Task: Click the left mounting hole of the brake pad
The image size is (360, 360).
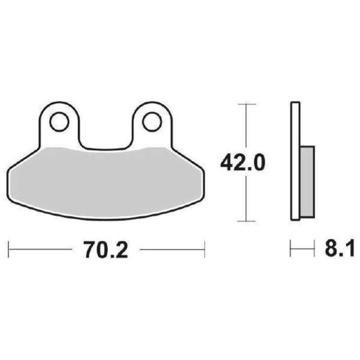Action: (59, 121)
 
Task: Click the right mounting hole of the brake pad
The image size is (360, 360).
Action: (152, 121)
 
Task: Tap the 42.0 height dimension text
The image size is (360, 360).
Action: (243, 163)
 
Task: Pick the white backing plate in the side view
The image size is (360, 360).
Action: (295, 162)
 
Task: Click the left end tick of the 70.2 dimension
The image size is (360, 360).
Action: (9, 249)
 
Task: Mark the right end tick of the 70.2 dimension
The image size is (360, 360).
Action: (205, 249)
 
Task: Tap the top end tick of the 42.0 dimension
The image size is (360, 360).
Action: (246, 104)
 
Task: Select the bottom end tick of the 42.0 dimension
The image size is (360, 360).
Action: (246, 221)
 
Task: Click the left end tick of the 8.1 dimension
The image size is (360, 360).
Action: (290, 249)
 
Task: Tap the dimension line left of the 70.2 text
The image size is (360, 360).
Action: (40, 249)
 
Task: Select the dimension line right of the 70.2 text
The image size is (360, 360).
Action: (171, 249)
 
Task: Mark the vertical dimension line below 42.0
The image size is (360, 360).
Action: (246, 198)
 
